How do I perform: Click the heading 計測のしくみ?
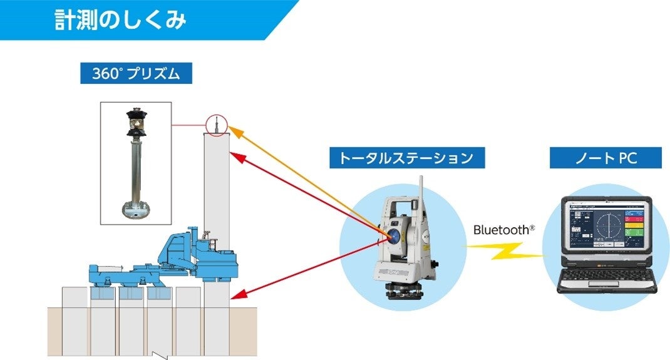120,20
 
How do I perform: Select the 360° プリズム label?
135,73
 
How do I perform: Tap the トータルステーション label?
406,158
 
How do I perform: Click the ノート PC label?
605,158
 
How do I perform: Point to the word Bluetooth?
500,230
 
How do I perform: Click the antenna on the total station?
420,188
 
